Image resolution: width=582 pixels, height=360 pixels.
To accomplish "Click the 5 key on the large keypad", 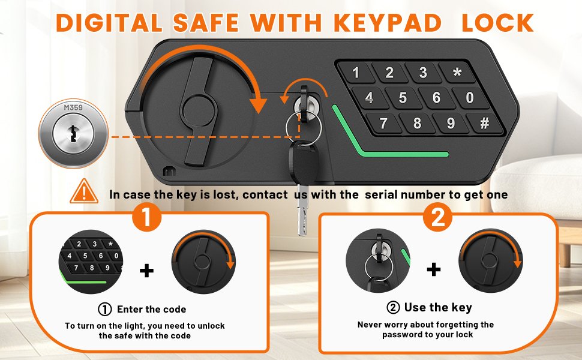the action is pos(403,98).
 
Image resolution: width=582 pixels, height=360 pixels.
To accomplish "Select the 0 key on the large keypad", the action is pos(470,97).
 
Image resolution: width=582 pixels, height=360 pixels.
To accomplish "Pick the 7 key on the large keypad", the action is pos(383,123).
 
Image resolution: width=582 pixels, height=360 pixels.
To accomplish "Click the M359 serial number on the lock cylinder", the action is pos(73,107).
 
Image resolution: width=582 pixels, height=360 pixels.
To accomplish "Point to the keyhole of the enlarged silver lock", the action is pos(73,134).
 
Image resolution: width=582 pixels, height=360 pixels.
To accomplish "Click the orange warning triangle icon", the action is pos(84,191).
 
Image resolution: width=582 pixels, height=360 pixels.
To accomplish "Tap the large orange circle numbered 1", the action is pos(147,217).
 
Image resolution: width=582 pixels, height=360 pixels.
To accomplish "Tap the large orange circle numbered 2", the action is pos(438,217).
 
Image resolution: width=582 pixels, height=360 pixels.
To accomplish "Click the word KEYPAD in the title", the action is pos(388,23).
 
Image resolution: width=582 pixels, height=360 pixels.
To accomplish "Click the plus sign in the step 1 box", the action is pos(146,271).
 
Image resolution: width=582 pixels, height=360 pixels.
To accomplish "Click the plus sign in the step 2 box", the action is pos(434,269).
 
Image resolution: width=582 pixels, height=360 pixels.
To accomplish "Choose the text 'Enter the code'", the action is pos(151,309).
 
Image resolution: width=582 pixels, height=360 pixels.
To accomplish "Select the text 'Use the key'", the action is pos(438,307).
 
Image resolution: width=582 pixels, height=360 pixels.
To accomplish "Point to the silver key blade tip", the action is pos(302,233).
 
